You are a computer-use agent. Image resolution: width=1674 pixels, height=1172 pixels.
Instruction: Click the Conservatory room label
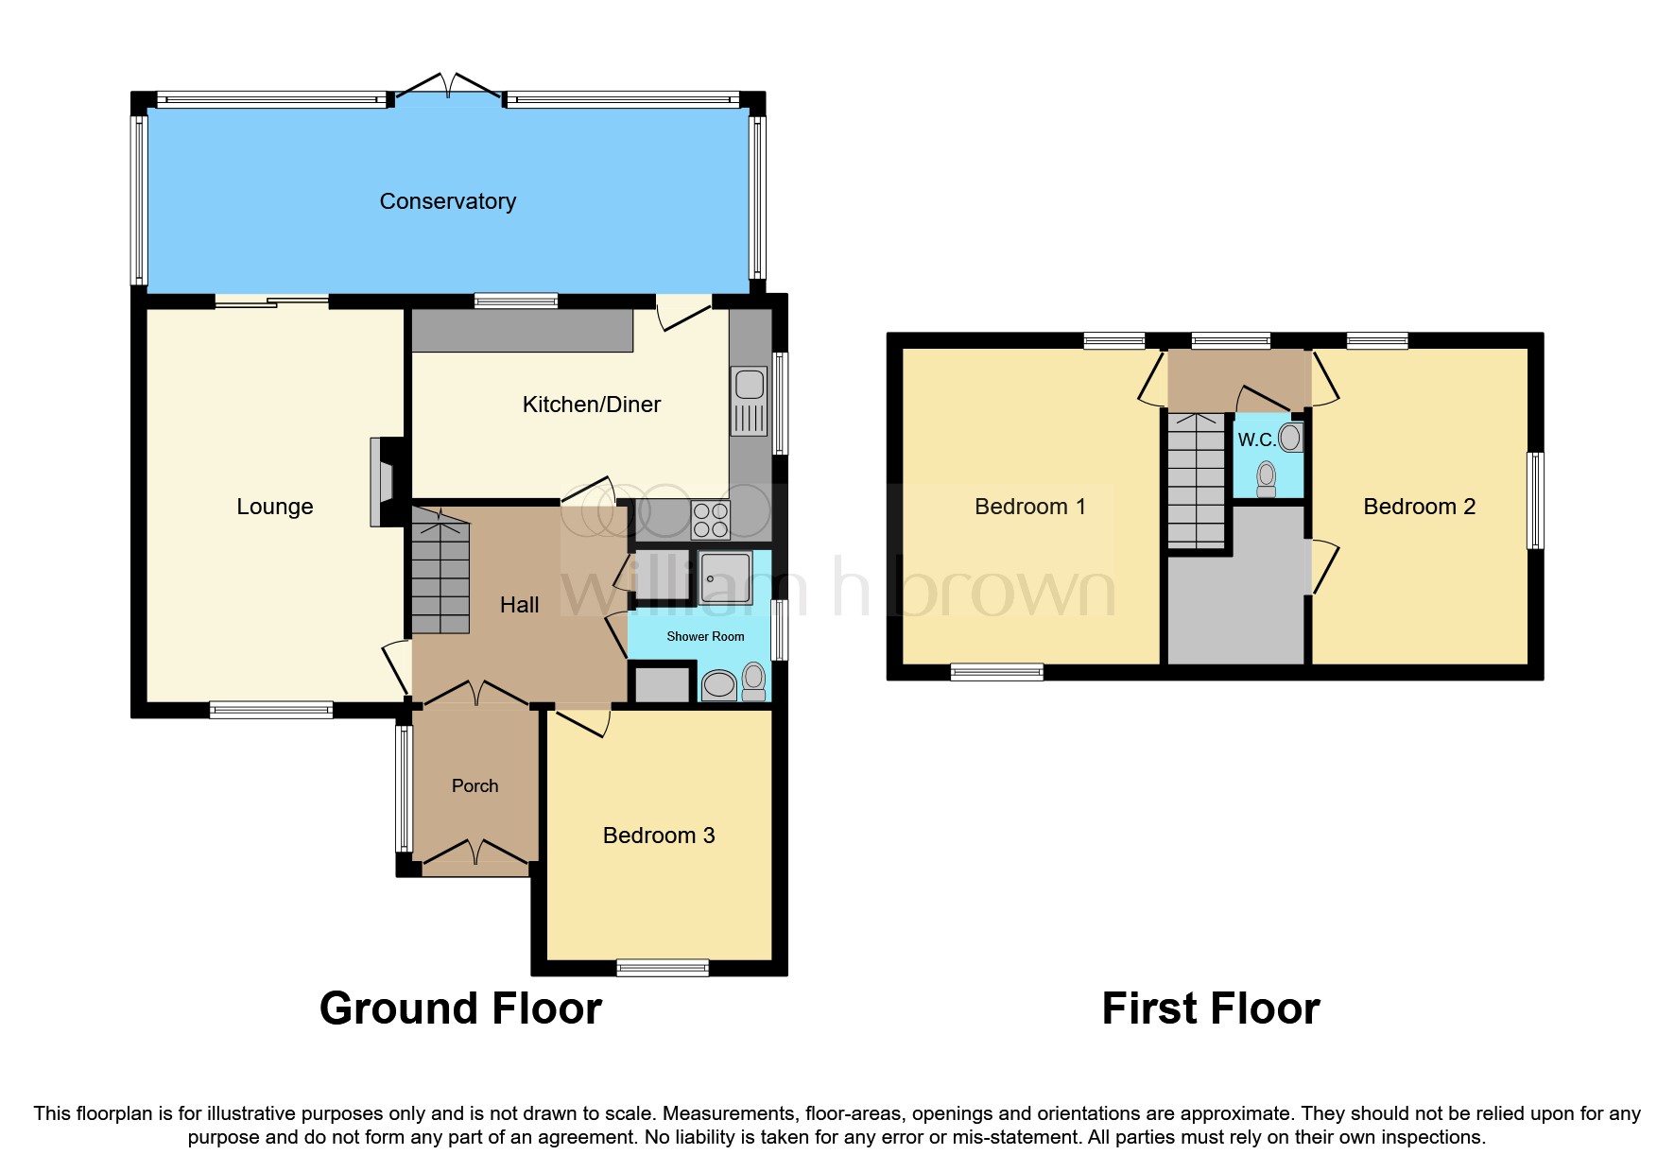click(447, 201)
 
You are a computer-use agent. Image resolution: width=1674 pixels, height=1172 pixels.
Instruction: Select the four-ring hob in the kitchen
click(711, 519)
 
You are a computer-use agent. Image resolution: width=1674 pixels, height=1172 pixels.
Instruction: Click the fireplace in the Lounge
click(382, 481)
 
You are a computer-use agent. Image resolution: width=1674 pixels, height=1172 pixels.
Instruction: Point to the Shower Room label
click(705, 636)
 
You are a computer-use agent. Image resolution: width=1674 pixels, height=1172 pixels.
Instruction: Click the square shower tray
click(726, 578)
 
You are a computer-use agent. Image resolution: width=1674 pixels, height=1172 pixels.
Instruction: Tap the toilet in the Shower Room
click(754, 681)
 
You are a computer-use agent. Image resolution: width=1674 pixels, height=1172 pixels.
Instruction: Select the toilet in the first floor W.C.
click(1267, 478)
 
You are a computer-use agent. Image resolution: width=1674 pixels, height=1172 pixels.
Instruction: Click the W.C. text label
click(1256, 439)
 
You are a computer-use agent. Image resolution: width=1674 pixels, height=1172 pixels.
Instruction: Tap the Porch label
click(475, 785)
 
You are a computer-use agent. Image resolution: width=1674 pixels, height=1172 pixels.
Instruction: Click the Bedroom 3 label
click(659, 836)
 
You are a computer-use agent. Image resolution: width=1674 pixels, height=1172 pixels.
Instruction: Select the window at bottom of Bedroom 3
click(663, 967)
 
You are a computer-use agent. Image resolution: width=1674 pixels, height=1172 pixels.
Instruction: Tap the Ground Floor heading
click(460, 1008)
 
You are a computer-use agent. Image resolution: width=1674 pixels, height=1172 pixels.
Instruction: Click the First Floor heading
click(1210, 1008)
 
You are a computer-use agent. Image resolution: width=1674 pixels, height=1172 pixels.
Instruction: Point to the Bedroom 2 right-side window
click(1535, 501)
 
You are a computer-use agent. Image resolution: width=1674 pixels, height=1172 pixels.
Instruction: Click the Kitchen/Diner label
click(592, 405)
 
